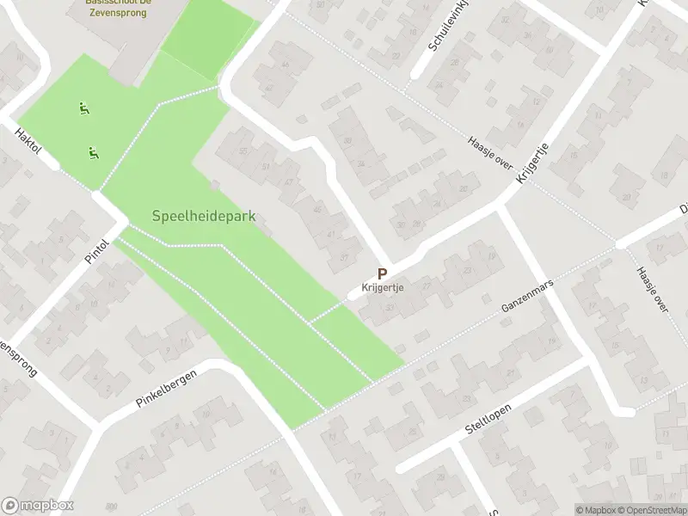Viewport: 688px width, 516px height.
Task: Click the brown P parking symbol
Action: tap(382, 273)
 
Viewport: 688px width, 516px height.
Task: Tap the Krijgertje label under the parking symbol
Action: tap(383, 289)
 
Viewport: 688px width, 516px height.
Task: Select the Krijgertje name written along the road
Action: tap(532, 164)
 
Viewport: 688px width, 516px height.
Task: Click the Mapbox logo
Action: tap(37, 506)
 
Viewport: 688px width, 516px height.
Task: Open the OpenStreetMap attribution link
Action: tap(651, 509)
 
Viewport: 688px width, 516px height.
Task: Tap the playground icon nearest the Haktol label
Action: tap(92, 153)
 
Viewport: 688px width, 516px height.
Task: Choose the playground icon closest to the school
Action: tap(83, 108)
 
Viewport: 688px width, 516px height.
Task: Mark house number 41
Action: tap(330, 234)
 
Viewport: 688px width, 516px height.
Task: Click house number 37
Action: tap(346, 256)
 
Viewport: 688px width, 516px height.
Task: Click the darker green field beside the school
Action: tap(209, 39)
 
